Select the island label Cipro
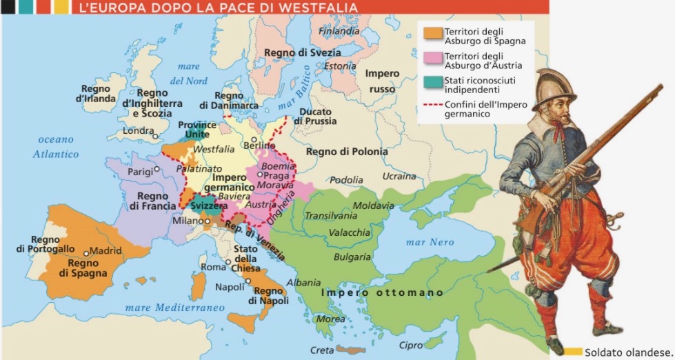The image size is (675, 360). pos(411,345)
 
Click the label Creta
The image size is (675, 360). pos(321,349)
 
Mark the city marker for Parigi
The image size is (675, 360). pos(158,168)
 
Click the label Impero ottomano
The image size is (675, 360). pos(383,292)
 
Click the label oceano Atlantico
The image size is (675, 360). pos(56,147)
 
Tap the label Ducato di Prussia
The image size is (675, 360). pos(315,116)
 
